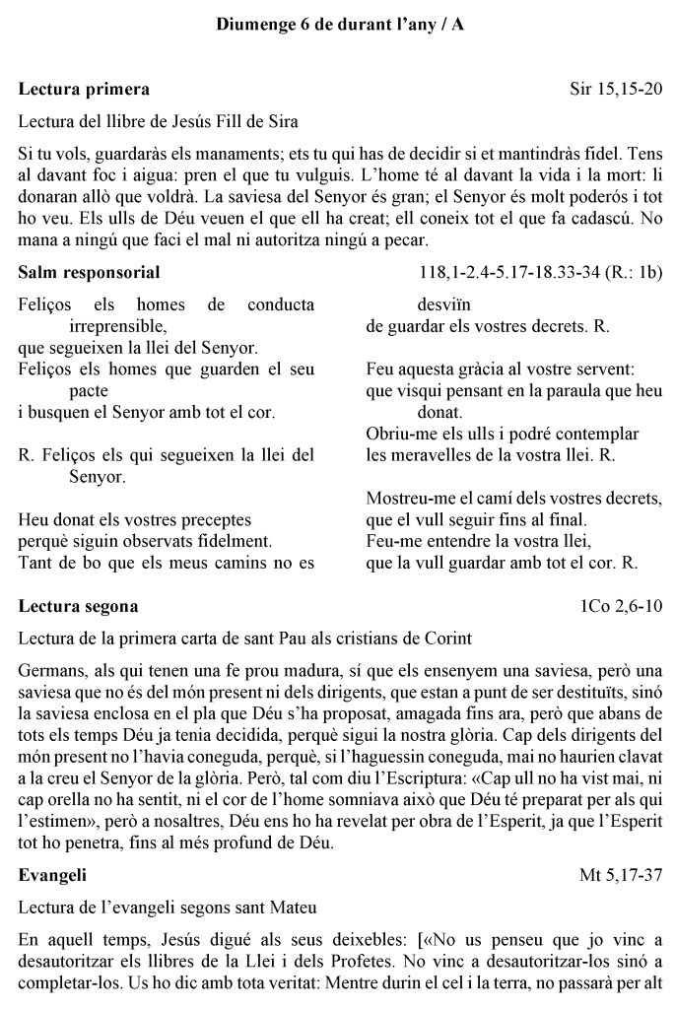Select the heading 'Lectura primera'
85,90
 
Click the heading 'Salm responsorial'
90,272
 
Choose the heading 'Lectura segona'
79,605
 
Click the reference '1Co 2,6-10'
622,605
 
